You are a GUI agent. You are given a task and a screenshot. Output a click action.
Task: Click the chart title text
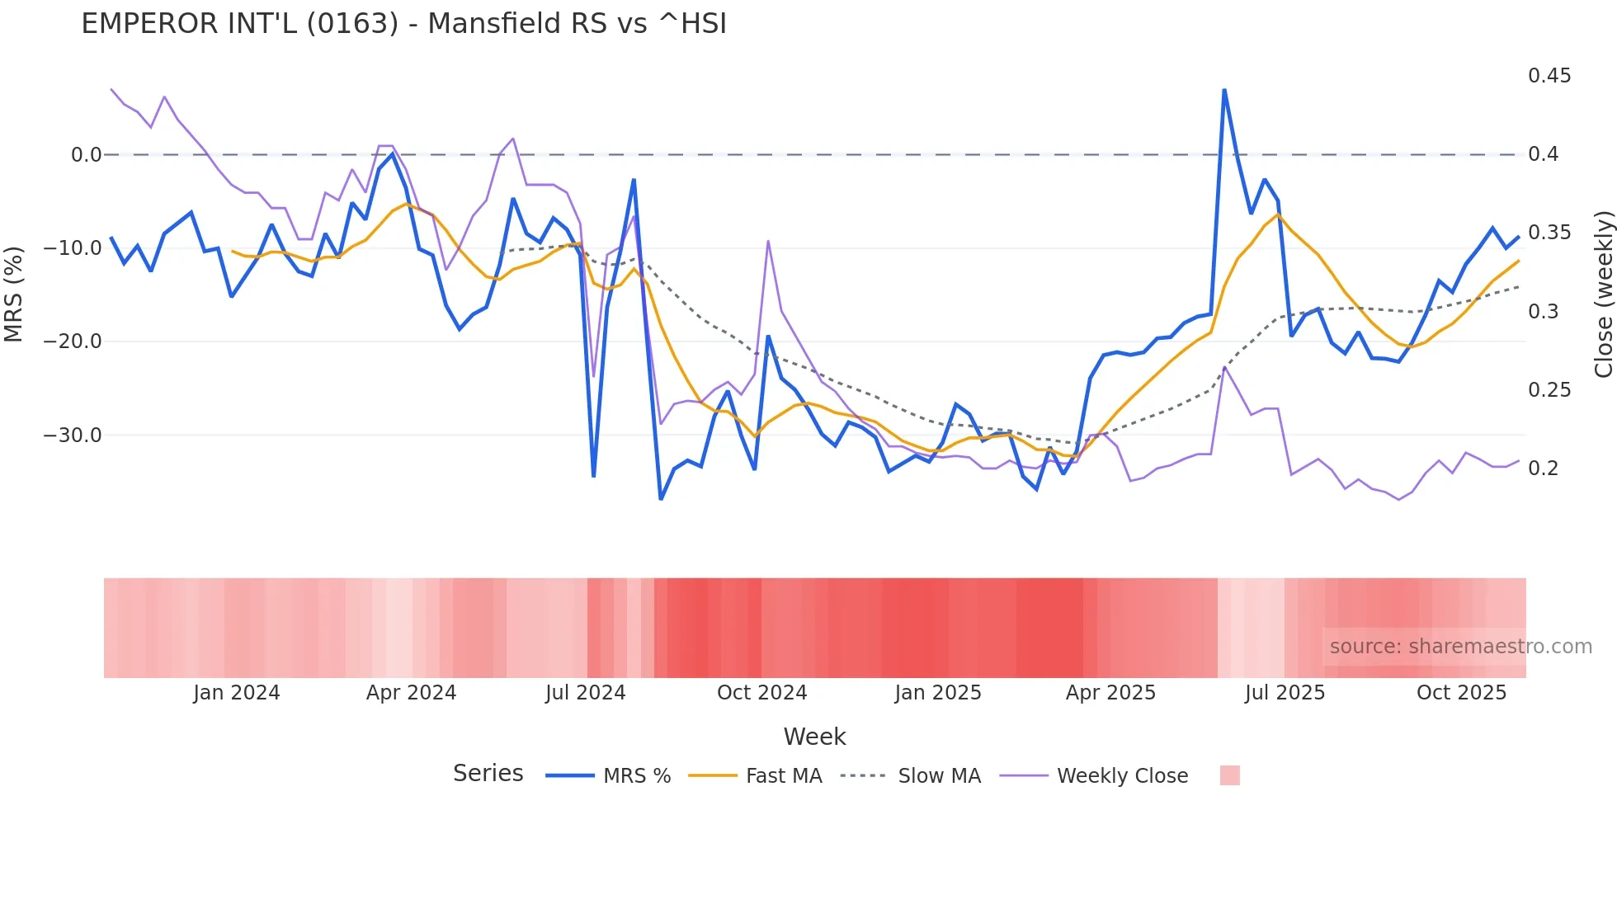coord(403,24)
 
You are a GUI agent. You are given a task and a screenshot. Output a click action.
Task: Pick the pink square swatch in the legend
coord(1229,775)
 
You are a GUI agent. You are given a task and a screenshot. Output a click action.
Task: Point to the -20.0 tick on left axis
coord(73,341)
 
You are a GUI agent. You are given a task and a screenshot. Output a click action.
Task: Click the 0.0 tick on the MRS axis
coord(86,155)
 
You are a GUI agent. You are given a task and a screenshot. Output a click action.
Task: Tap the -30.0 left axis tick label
coord(73,436)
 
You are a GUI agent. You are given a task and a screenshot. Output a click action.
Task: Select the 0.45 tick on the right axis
coord(1549,76)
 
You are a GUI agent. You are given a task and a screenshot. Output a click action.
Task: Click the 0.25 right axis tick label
coord(1549,390)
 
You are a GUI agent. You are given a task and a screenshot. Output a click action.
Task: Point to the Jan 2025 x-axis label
coord(938,693)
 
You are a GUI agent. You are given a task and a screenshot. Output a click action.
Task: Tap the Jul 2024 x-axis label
coord(586,693)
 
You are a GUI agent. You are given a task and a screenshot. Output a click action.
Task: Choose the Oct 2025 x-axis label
coord(1461,693)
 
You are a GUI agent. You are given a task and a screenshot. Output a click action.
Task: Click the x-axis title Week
coord(814,737)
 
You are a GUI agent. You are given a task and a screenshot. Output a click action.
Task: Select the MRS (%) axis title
coord(13,294)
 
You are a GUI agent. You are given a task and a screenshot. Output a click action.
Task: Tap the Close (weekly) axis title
coord(1603,294)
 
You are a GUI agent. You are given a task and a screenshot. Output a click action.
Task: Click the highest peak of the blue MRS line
coord(1224,90)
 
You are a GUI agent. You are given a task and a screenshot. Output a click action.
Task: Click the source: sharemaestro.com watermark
coord(1460,647)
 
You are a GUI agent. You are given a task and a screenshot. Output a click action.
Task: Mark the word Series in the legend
coord(488,774)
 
